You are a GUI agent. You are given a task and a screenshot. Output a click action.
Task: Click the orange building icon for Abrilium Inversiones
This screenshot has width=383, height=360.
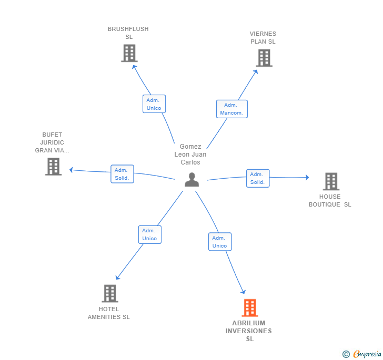tap(250, 307)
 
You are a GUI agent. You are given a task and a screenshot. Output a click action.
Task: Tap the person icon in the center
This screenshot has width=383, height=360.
tap(191, 180)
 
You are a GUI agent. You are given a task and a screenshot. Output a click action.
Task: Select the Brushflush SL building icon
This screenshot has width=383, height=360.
tap(129, 53)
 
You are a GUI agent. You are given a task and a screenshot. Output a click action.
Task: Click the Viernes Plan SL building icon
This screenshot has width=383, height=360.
tap(264, 58)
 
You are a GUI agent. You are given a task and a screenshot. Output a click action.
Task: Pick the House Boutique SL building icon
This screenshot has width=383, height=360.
tap(331, 181)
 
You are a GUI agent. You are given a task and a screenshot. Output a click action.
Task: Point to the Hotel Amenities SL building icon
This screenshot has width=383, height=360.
tap(110, 293)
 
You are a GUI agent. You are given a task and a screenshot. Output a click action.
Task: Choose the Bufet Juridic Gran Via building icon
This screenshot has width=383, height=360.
tap(53, 167)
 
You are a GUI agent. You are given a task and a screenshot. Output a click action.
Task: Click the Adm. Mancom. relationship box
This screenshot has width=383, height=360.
tap(232, 109)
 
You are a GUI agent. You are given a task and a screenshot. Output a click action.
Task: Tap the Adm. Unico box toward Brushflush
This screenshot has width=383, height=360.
tap(154, 104)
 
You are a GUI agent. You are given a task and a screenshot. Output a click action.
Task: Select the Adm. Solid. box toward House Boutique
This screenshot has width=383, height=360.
tap(258, 178)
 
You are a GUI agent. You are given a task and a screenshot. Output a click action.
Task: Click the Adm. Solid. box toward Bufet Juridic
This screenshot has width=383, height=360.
tap(122, 174)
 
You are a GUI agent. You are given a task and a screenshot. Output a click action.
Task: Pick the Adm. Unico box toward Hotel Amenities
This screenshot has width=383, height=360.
tap(150, 234)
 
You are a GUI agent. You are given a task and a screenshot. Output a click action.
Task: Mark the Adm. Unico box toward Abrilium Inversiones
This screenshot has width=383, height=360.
tap(220, 242)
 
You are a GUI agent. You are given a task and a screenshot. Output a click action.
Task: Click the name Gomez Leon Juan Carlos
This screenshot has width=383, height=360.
tap(190, 155)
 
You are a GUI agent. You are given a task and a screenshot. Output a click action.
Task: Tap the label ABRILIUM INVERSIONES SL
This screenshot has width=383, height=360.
tap(249, 331)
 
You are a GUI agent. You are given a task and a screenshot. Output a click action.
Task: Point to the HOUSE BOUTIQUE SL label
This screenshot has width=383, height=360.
tap(330, 201)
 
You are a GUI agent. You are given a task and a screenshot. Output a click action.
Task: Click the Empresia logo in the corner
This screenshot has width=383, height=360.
tap(362, 354)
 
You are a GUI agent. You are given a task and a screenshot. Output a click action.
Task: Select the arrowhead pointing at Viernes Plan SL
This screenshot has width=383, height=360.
tap(256, 72)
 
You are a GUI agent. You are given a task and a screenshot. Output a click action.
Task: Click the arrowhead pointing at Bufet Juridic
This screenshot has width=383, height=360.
tap(71, 170)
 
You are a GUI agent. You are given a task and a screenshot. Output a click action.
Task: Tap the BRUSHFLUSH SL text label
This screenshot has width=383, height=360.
tap(128, 33)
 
